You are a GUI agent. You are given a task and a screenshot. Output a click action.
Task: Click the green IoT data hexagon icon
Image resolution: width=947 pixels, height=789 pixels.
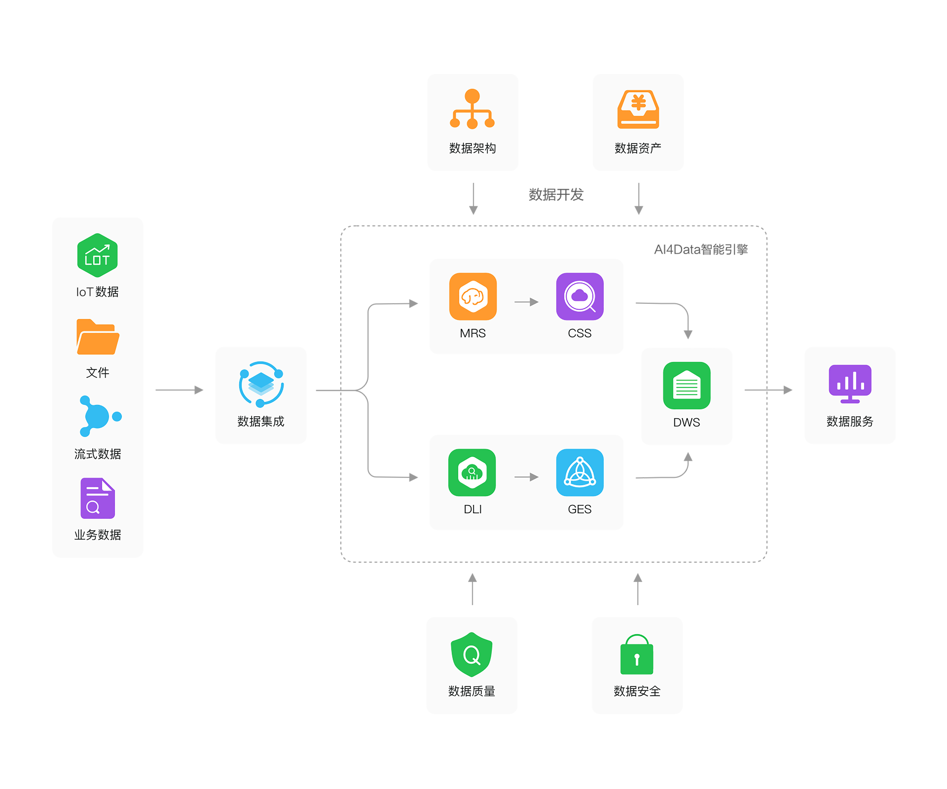97,255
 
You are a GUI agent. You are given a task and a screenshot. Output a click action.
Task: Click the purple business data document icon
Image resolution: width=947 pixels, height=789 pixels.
97,498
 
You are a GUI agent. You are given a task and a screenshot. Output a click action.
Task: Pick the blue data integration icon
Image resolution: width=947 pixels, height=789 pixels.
261,384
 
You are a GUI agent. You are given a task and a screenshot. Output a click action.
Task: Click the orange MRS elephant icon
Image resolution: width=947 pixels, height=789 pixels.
473,297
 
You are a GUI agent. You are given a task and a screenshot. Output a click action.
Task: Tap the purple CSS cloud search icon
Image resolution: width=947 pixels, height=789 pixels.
580,297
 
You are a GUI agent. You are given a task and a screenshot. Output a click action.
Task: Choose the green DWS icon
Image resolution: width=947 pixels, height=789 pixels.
686,385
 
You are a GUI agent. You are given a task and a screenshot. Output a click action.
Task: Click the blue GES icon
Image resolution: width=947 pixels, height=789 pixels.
580,472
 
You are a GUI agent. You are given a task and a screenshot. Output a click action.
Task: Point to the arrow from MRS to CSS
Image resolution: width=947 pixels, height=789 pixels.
526,302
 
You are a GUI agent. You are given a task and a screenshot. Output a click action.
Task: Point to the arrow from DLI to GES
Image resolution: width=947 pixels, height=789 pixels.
526,477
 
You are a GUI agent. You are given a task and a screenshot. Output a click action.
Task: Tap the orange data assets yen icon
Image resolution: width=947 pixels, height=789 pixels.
638,109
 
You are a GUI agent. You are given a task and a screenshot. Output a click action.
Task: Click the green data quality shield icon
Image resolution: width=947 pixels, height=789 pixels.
472,655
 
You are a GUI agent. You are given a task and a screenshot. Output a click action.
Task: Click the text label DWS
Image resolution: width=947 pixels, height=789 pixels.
686,422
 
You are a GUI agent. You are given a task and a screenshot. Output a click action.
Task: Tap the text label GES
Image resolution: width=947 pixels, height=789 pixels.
580,509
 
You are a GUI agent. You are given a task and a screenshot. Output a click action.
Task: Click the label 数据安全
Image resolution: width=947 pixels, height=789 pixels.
637,691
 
